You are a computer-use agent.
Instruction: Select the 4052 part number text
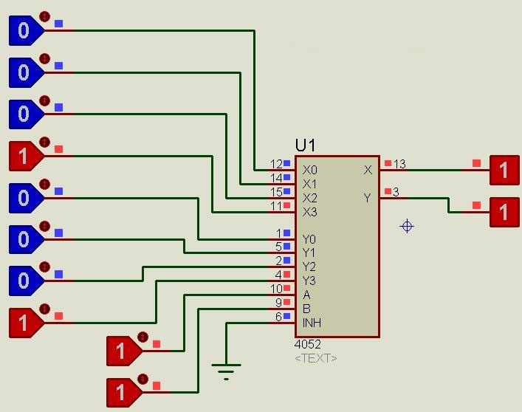tap(308, 345)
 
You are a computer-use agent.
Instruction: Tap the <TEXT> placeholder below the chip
tap(316, 358)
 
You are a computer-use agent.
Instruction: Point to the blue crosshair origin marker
tap(407, 226)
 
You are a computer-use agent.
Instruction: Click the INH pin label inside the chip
tap(312, 323)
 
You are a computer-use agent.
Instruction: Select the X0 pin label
tap(309, 170)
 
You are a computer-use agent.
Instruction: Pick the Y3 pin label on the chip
tap(309, 281)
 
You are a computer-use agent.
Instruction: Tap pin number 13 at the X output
tap(399, 164)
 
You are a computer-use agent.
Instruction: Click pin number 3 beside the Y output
tap(396, 192)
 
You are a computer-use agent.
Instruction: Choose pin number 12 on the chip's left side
tap(276, 164)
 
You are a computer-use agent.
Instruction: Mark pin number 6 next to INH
tap(278, 317)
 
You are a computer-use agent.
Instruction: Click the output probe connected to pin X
tap(504, 171)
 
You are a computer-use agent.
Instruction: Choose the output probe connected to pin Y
tap(504, 213)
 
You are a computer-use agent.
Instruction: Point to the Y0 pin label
tap(309, 239)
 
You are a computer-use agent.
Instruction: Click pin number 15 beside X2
tap(276, 192)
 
